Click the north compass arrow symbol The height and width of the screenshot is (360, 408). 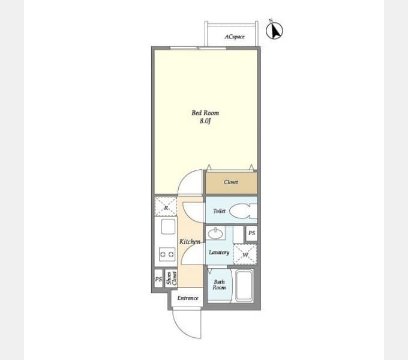pos(274,30)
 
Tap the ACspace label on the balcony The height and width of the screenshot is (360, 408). pos(235,37)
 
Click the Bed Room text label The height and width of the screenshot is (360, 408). pos(205,113)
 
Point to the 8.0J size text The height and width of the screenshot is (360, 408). pos(205,121)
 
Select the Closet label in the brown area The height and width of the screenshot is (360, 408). pos(231,182)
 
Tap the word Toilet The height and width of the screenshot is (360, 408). pos(219,211)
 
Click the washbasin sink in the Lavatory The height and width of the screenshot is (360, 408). pos(215,233)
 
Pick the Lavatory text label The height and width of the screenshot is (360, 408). pos(219,253)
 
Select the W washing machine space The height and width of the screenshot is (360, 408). pos(245,254)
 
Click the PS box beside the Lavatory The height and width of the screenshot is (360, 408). pos(251,233)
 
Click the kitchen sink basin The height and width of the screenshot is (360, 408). pos(168,227)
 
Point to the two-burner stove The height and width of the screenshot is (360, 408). pos(167,254)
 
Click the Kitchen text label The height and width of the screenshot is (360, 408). pos(190,242)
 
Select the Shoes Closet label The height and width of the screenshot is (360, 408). pos(172,278)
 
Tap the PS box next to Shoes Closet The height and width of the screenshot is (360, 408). pos(158,279)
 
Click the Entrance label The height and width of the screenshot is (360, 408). pos(188,298)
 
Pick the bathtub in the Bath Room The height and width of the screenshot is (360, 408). pos(244,286)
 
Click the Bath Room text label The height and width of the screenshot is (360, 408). pos(219,284)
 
